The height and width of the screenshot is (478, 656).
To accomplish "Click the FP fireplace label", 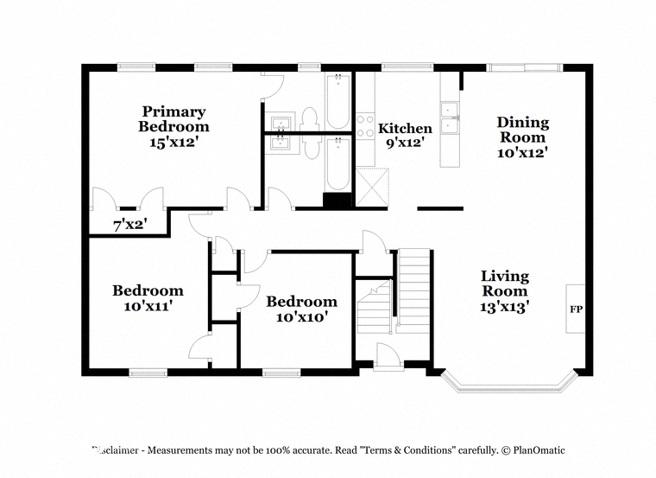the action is (576, 309).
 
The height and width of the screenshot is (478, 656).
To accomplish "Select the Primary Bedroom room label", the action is (173, 118).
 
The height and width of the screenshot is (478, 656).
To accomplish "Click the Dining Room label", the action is (522, 130).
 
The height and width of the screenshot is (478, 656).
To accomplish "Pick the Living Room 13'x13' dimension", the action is (505, 307).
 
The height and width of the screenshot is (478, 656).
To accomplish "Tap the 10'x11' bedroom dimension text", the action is (148, 306).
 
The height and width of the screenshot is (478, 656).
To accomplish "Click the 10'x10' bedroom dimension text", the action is (301, 317).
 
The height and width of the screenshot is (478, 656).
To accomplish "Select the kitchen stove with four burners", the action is (365, 126).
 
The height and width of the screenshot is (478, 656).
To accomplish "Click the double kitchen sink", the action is (450, 118).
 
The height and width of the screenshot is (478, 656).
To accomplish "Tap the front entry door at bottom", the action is (388, 357).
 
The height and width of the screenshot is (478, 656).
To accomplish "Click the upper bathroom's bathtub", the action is (337, 101).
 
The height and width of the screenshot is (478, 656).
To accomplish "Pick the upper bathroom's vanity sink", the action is (280, 122).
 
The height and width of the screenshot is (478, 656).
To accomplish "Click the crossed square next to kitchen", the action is (372, 187).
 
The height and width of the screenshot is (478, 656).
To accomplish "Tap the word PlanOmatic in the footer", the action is (539, 450).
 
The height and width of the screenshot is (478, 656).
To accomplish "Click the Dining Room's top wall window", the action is (524, 67).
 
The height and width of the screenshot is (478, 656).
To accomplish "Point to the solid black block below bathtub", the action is (337, 201).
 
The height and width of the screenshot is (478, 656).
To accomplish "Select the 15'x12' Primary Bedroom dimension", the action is (173, 143).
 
